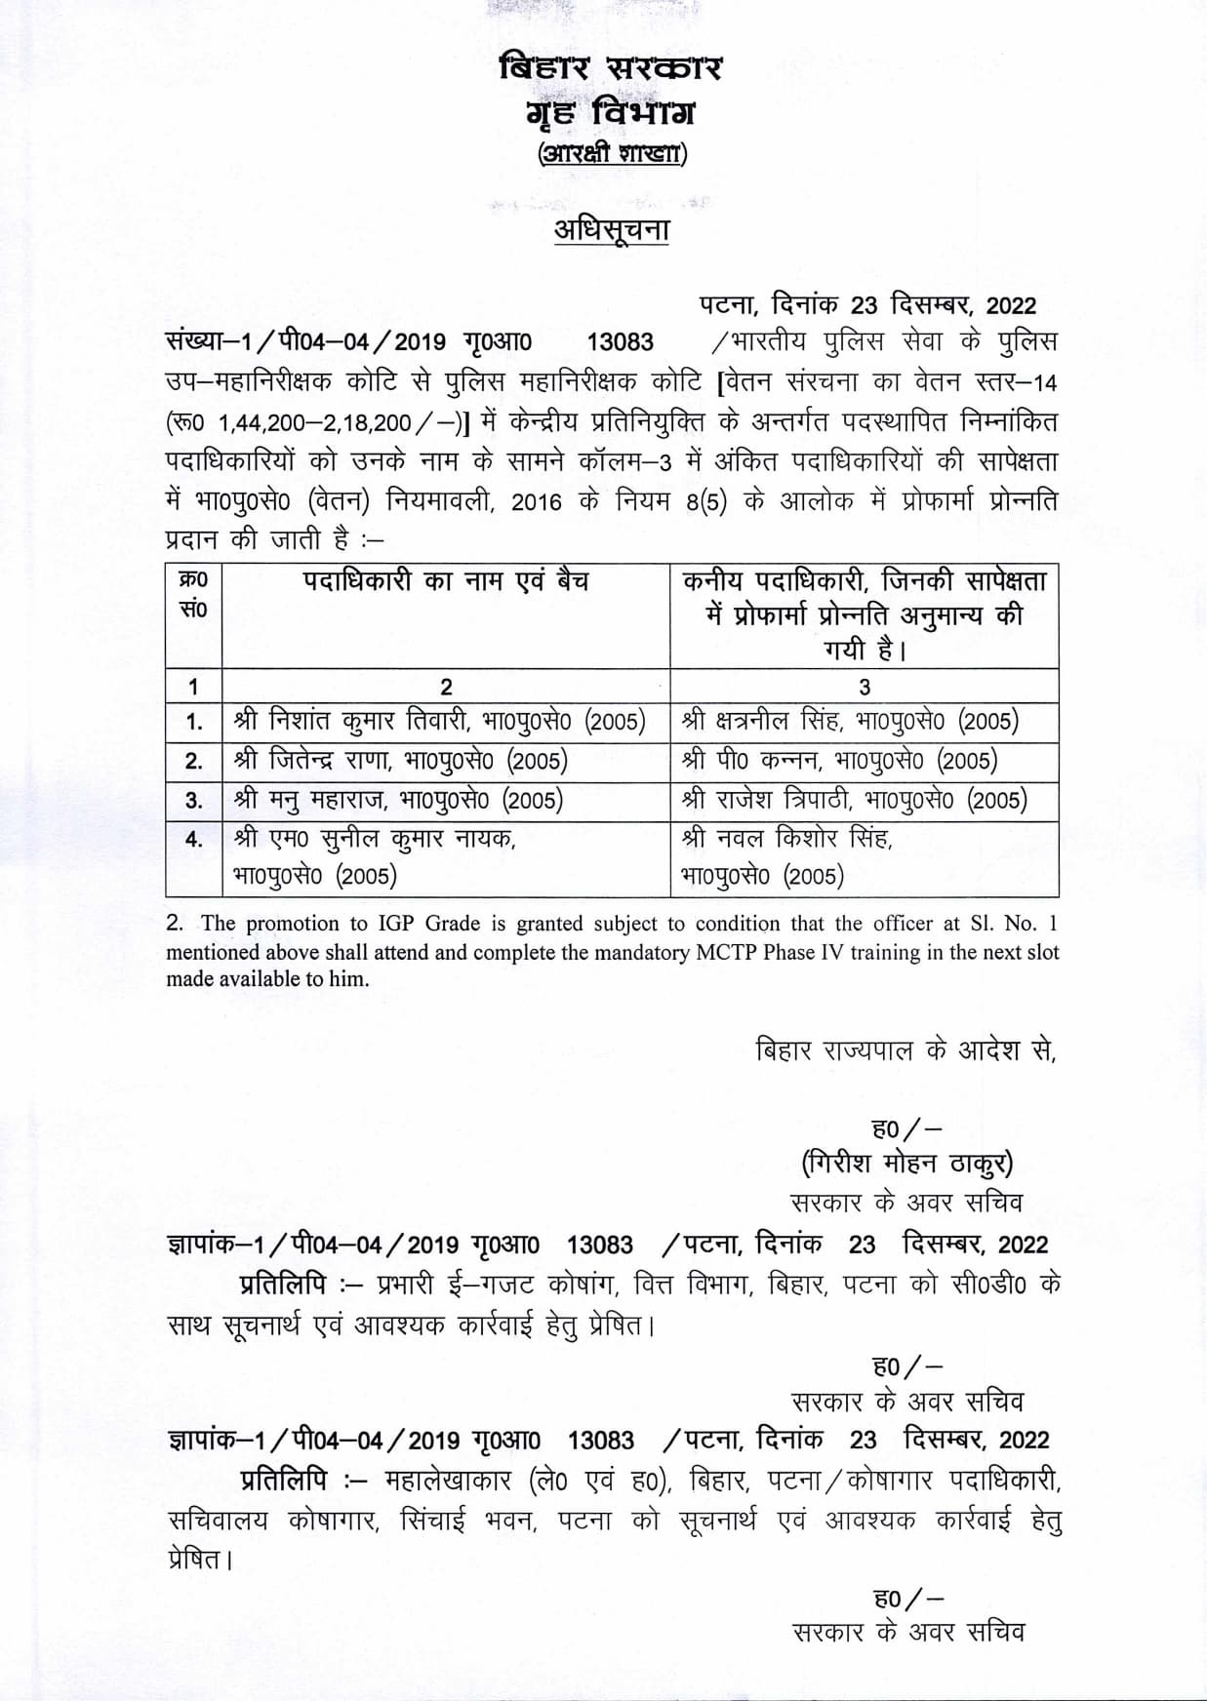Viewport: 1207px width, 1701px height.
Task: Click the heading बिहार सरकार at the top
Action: pyautogui.click(x=610, y=69)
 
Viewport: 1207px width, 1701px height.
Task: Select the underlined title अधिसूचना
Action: pyautogui.click(x=611, y=230)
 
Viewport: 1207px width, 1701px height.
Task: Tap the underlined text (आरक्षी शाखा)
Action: pyautogui.click(x=612, y=154)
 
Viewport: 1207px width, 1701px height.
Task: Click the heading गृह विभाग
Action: pyautogui.click(x=610, y=113)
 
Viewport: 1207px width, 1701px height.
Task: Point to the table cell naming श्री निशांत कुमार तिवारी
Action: pyautogui.click(x=440, y=722)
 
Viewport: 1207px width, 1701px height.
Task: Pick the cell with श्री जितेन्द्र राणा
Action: pyautogui.click(x=400, y=761)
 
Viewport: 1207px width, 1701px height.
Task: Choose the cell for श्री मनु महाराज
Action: pyautogui.click(x=398, y=801)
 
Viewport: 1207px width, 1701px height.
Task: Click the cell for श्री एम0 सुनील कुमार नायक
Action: pyautogui.click(x=376, y=856)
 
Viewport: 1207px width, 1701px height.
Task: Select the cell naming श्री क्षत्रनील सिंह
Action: pyautogui.click(x=850, y=722)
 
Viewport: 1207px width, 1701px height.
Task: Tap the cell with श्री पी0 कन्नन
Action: pyautogui.click(x=839, y=761)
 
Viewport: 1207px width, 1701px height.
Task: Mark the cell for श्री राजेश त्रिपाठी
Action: pyautogui.click(x=854, y=801)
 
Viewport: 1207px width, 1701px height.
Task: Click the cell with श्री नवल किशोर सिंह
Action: pyautogui.click(x=786, y=856)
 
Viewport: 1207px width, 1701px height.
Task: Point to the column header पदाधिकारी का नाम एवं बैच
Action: pyautogui.click(x=445, y=582)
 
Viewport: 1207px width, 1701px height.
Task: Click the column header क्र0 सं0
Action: pyautogui.click(x=193, y=594)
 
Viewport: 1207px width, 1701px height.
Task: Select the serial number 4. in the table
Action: pyautogui.click(x=194, y=839)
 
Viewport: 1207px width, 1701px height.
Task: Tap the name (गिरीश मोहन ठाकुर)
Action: pyautogui.click(x=906, y=1164)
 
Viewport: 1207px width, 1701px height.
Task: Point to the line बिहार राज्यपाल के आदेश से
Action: pyautogui.click(x=906, y=1050)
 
